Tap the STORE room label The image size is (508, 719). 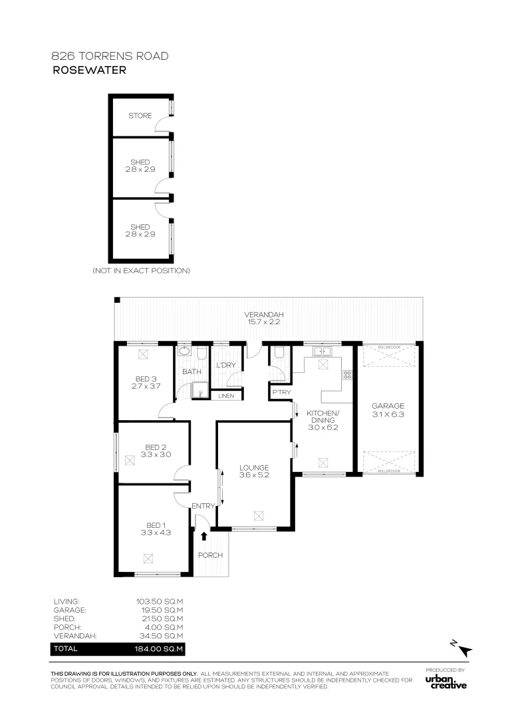click(x=140, y=116)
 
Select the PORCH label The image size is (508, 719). click(x=210, y=555)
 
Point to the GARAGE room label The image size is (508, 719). click(x=388, y=405)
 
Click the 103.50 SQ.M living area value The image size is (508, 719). click(x=160, y=601)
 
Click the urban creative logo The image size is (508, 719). click(x=446, y=682)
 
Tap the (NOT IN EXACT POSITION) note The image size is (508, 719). click(x=141, y=271)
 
